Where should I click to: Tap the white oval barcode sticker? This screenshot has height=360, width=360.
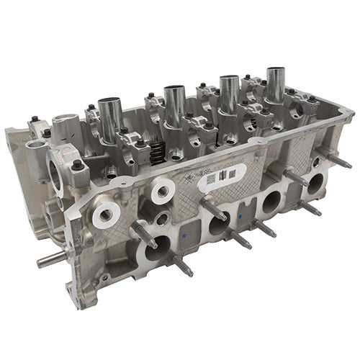(x=220, y=176)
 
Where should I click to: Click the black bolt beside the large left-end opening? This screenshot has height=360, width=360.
(x=76, y=166)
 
